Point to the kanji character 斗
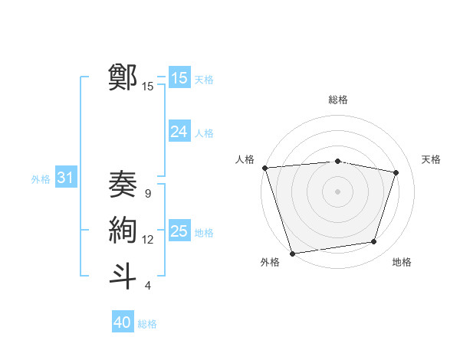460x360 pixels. pyautogui.click(x=123, y=275)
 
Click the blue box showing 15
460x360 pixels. pyautogui.click(x=179, y=78)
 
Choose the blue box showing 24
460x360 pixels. pyautogui.click(x=179, y=132)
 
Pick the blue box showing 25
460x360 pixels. pyautogui.click(x=179, y=231)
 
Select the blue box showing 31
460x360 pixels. pyautogui.click(x=65, y=178)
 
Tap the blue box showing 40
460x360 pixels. pyautogui.click(x=123, y=322)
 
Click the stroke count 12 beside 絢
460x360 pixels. pyautogui.click(x=148, y=240)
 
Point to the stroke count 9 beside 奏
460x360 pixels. pyautogui.click(x=148, y=195)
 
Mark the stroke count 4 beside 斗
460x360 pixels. pyautogui.click(x=148, y=286)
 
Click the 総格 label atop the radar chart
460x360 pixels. pyautogui.click(x=337, y=100)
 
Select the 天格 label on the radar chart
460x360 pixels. pyautogui.click(x=431, y=159)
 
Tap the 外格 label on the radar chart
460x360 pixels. pyautogui.click(x=270, y=262)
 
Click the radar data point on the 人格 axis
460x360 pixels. pyautogui.click(x=264, y=168)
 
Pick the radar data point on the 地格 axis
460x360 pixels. pyautogui.click(x=374, y=242)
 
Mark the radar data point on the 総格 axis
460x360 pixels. pyautogui.click(x=337, y=161)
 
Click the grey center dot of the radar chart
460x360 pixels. pyautogui.click(x=337, y=191)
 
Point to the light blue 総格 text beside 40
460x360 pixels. pyautogui.click(x=147, y=324)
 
